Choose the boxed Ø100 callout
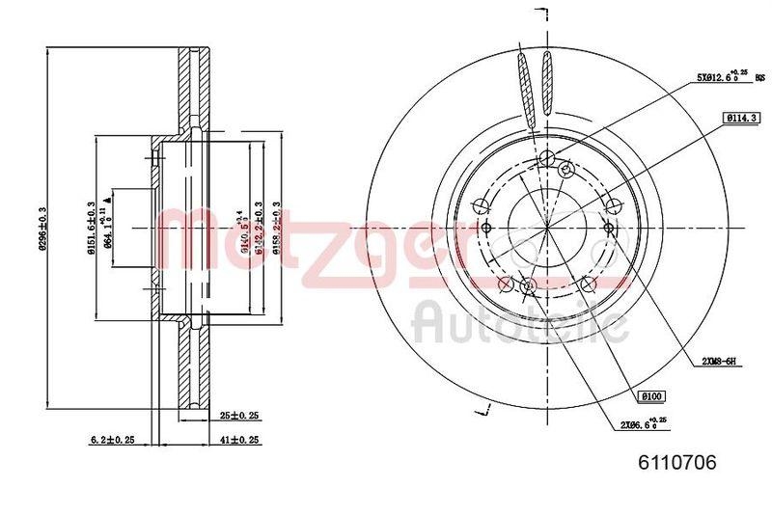coord(650,395)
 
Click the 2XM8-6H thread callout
coord(719,361)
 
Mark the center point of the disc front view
coord(546,228)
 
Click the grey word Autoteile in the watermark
coord(521,323)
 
